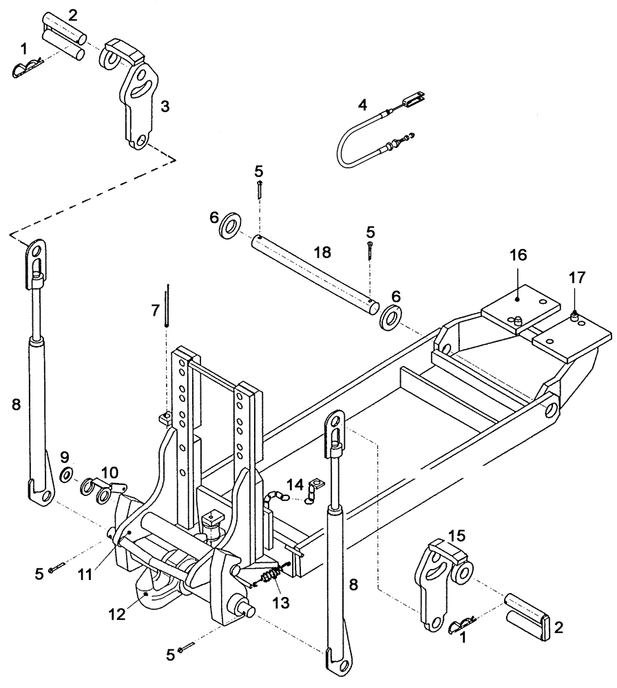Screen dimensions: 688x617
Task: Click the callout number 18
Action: (321, 253)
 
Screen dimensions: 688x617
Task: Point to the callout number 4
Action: (363, 105)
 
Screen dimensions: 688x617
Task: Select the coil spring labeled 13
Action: (271, 572)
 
